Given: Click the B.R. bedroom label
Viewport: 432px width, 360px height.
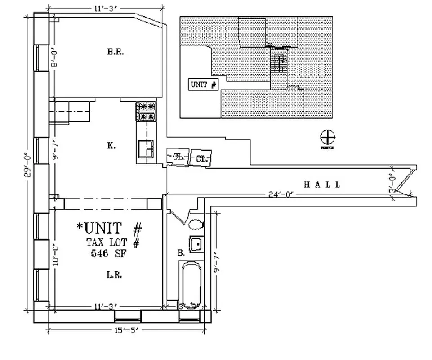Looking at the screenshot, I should coord(116,52).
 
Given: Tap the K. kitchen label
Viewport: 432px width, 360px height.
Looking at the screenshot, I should coord(111,146).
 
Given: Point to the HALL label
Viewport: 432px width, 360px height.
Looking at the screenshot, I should coord(322,184).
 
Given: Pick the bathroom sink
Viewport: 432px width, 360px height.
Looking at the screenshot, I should coord(196,244).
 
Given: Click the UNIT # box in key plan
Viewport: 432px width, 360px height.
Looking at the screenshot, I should coord(204,85).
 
